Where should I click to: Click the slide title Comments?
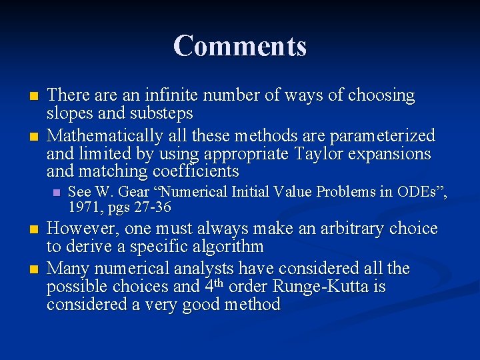pos(240,46)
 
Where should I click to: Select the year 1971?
pos(83,207)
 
